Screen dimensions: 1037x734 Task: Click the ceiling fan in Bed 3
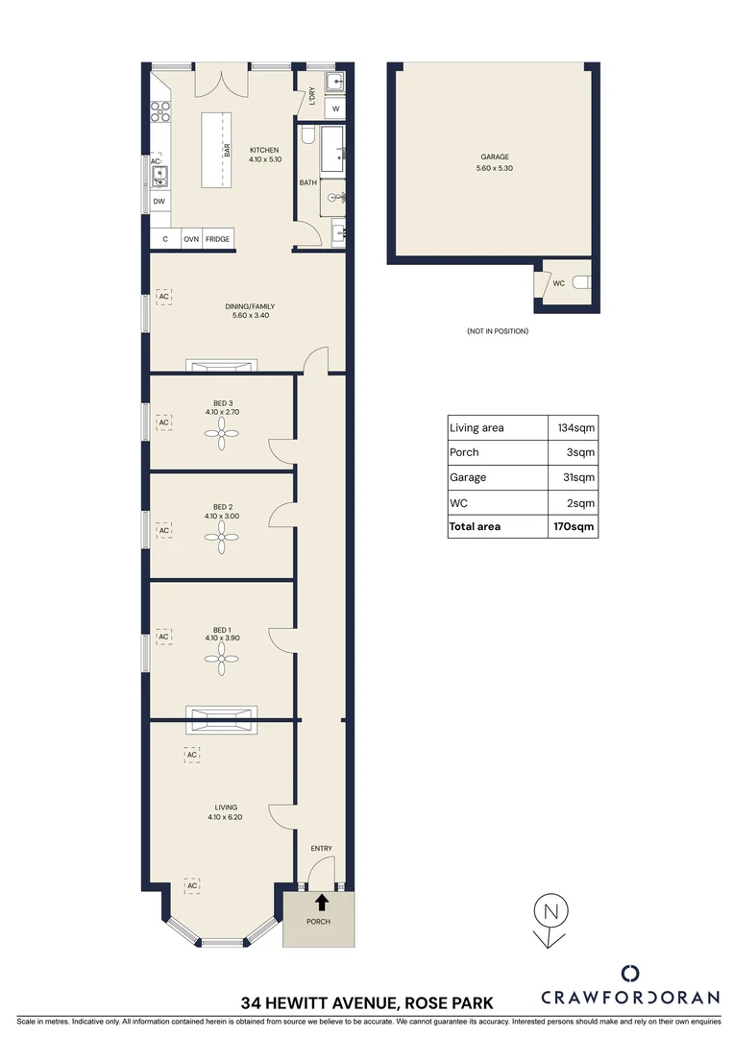[221, 437]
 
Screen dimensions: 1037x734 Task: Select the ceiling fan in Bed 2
[221, 541]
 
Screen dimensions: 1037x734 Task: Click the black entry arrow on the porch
[321, 903]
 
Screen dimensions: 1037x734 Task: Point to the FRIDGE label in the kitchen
[217, 239]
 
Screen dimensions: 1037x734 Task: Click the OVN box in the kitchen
[191, 239]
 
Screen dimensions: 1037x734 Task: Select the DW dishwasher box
[159, 202]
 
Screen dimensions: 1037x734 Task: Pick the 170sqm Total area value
[575, 526]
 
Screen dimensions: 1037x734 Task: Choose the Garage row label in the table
[468, 477]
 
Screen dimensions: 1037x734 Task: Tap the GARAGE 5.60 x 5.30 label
[495, 162]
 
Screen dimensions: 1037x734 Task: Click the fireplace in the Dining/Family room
[221, 366]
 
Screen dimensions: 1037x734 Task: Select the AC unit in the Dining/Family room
[163, 297]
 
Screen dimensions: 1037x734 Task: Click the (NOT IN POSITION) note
[497, 331]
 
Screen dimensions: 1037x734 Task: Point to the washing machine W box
[335, 109]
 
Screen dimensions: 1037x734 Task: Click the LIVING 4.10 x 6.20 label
[221, 812]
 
